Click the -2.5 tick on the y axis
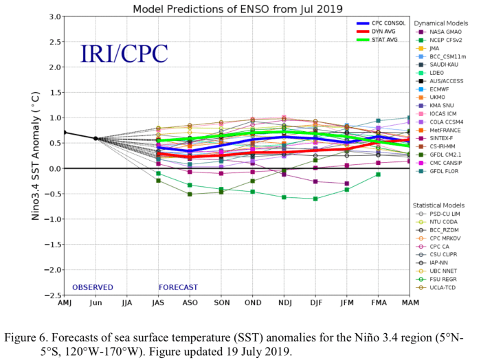click(52, 295)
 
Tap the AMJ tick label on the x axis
click(64, 303)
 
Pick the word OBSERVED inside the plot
click(93, 287)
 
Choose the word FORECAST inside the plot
click(178, 287)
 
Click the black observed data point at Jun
click(96, 138)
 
